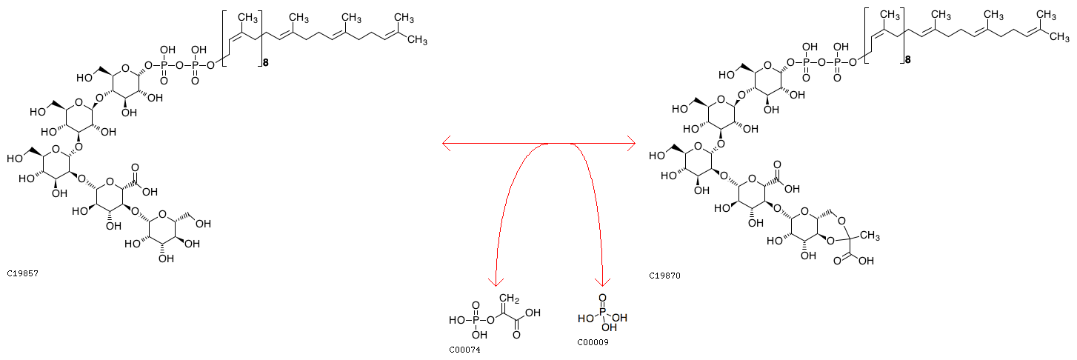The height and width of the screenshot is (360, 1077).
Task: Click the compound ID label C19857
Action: point(22,273)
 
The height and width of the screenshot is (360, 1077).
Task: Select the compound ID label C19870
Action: point(665,276)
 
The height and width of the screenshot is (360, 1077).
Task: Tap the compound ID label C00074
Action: point(464,349)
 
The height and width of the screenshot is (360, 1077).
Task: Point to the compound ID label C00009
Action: point(593,342)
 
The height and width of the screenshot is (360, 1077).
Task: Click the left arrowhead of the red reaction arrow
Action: point(446,143)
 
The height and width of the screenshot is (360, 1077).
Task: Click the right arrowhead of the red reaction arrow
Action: point(632,143)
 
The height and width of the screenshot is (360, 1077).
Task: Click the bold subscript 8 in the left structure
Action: point(265,64)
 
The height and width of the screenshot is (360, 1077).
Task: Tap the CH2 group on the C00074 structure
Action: point(510,299)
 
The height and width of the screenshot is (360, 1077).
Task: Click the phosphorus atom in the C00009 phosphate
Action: point(602,317)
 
